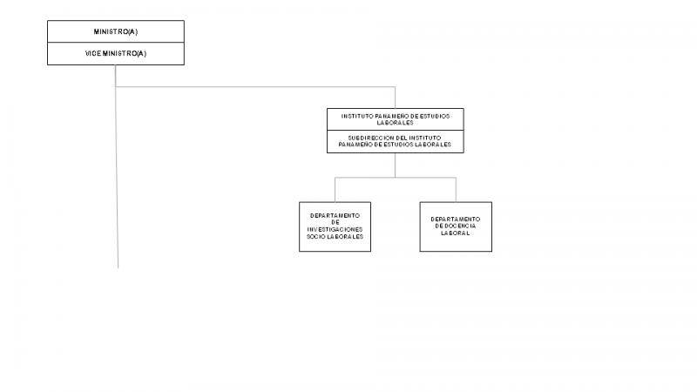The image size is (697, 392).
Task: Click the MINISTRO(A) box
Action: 116,31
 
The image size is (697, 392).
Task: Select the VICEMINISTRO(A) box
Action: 116,54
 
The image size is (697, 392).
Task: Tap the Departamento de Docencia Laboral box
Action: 456,226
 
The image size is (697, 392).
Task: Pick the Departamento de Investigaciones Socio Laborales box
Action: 335,226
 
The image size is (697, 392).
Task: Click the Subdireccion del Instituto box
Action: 396,142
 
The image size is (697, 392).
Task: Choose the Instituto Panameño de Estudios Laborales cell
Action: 396,119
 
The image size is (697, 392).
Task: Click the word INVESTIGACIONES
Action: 335,229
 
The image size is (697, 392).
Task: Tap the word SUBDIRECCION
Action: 366,139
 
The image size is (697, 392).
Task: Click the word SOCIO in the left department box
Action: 316,237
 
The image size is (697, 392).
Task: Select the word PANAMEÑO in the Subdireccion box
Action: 354,145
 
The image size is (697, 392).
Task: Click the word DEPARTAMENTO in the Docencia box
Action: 456,220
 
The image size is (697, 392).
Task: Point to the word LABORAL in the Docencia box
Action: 455,233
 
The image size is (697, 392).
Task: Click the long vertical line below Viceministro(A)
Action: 117,166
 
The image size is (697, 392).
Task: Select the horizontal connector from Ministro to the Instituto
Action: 255,86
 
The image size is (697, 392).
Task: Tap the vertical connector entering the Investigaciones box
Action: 335,190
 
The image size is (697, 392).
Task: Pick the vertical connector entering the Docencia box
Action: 456,190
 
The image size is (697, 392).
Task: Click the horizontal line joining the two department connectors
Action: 396,178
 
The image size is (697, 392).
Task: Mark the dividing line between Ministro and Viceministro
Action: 116,43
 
